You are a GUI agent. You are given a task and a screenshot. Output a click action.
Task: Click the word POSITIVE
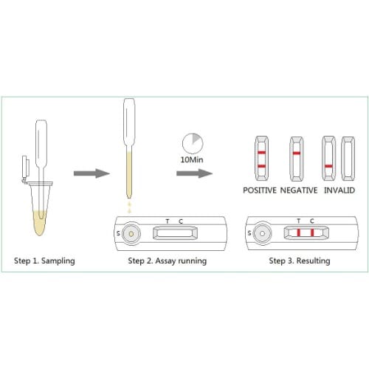pos(260,190)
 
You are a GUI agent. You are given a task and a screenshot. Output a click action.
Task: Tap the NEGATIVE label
pos(299,190)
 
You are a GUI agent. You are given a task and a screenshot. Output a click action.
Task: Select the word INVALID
pos(339,190)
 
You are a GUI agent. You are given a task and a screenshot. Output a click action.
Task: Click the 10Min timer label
pos(192,159)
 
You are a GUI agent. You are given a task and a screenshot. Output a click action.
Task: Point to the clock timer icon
pos(193,143)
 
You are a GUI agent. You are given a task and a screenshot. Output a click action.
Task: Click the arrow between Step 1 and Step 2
pos(92,173)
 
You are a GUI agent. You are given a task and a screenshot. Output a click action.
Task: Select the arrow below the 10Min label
pos(194,173)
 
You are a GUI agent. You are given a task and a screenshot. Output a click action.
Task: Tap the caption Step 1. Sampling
pos(44,261)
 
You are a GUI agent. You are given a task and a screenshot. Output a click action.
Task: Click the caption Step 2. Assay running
pos(168,261)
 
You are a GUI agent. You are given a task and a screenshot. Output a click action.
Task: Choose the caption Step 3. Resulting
pos(300,261)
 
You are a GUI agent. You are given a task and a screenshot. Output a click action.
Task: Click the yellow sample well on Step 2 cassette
pos(131,234)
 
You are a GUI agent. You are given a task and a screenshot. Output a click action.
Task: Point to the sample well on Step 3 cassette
pos(262,233)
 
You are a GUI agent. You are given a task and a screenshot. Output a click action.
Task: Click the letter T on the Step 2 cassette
pos(168,221)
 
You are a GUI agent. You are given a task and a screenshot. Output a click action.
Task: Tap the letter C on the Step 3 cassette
pos(312,221)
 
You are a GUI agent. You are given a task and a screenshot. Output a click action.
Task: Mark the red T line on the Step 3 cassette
pos(299,232)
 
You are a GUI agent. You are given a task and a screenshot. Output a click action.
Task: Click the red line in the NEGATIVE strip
pos(297,154)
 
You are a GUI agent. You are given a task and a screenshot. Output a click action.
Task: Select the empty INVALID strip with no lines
pos(348,159)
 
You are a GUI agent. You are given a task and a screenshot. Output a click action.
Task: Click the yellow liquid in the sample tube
pos(40,223)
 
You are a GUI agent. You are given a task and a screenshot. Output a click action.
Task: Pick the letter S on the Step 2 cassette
pos(118,233)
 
